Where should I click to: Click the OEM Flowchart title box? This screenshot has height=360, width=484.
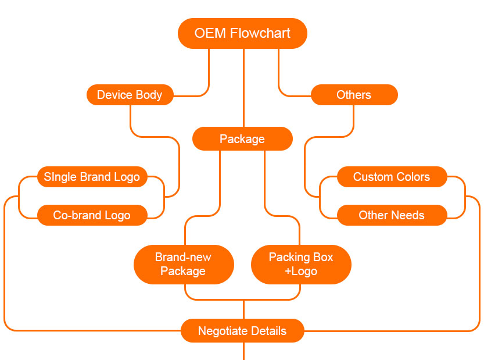pyautogui.click(x=242, y=33)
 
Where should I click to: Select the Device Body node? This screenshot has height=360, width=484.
pyautogui.click(x=130, y=95)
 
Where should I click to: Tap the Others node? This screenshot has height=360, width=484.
pyautogui.click(x=354, y=95)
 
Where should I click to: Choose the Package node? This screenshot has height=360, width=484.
pyautogui.click(x=242, y=139)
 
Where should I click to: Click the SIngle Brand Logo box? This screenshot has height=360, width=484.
pyautogui.click(x=92, y=177)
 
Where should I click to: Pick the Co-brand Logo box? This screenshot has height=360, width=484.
pyautogui.click(x=92, y=215)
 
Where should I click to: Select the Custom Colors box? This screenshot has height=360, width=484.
pyautogui.click(x=392, y=177)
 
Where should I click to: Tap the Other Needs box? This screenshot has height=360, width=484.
pyautogui.click(x=392, y=215)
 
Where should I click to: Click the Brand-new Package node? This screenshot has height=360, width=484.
pyautogui.click(x=183, y=264)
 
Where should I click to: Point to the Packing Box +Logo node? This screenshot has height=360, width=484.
pyautogui.click(x=301, y=264)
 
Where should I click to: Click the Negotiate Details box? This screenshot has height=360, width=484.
pyautogui.click(x=242, y=331)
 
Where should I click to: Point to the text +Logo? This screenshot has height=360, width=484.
pyautogui.click(x=301, y=272)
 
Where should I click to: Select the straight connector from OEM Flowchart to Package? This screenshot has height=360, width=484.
pyautogui.click(x=243, y=87)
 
